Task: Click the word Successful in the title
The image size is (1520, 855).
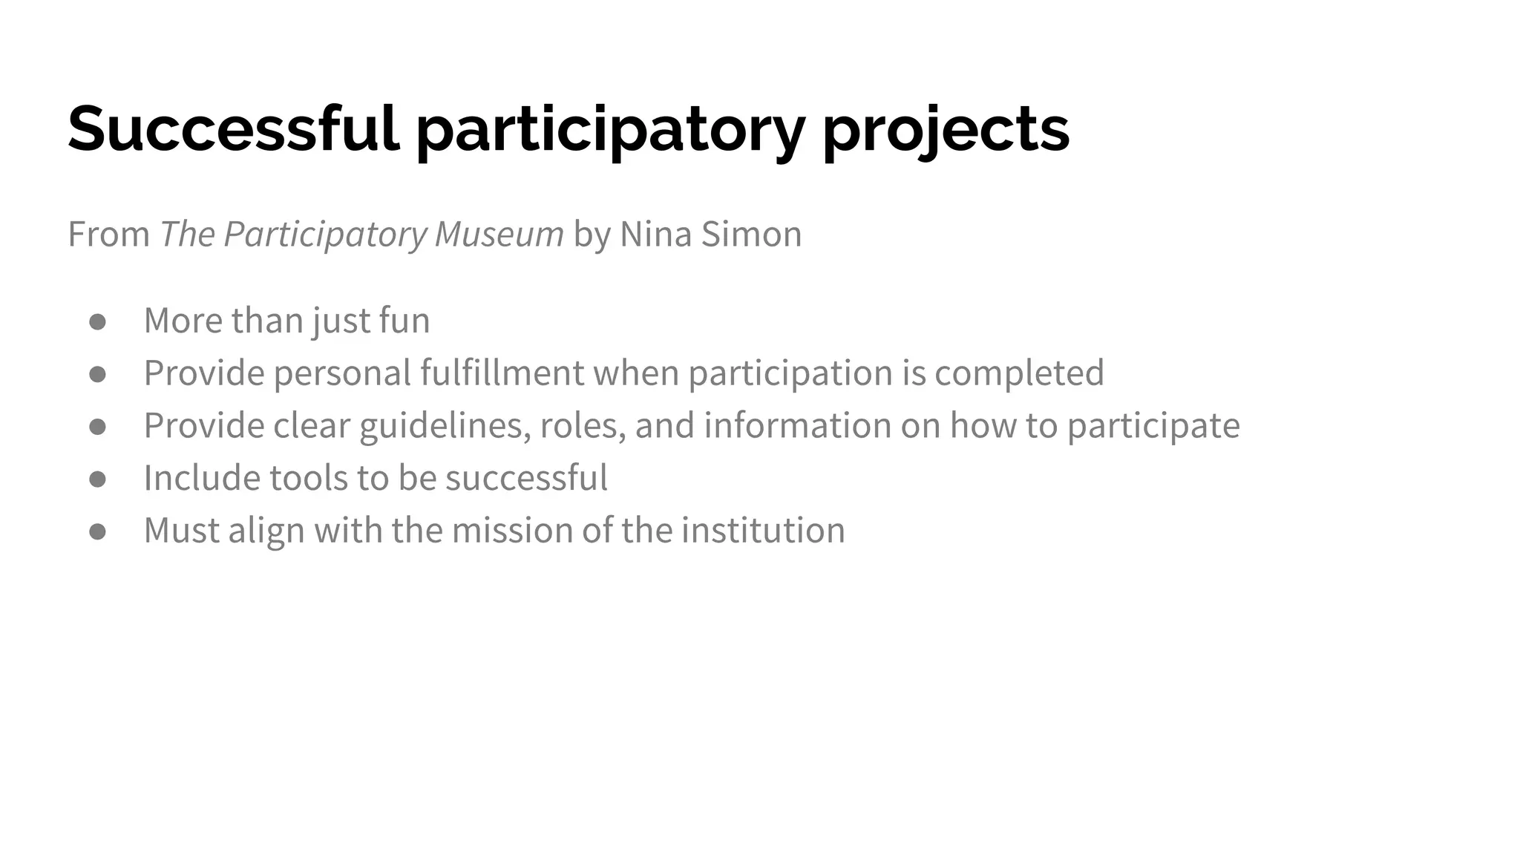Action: [233, 128]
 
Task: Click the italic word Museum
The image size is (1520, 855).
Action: [499, 234]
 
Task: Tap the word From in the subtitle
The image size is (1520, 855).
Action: [108, 234]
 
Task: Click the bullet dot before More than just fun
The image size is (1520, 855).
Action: [97, 321]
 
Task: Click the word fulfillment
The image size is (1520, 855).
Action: [502, 373]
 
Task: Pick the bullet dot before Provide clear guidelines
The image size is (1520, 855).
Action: [97, 426]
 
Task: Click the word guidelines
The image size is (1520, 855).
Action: [445, 426]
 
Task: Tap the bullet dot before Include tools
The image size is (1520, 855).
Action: [97, 479]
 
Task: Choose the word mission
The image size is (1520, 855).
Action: [512, 530]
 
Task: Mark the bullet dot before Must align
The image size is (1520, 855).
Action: [97, 531]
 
